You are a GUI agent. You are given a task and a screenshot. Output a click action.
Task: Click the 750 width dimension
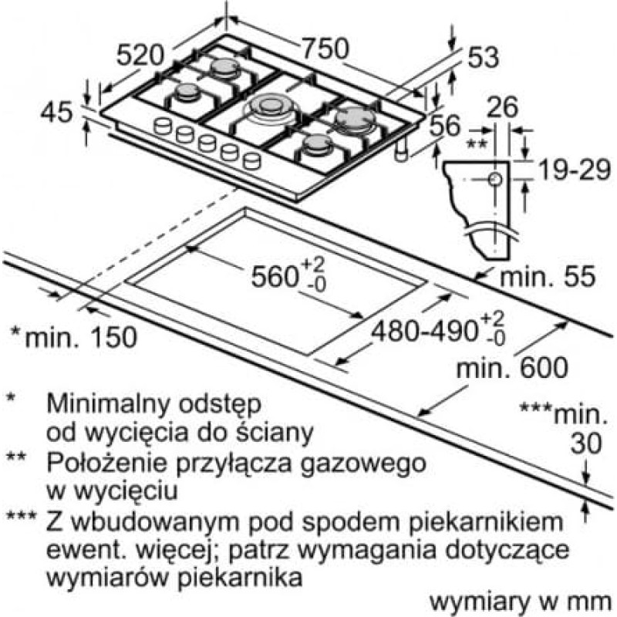[325, 49]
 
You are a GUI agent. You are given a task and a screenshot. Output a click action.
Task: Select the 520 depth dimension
[140, 55]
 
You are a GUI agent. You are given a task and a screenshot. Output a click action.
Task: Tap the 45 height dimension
[57, 112]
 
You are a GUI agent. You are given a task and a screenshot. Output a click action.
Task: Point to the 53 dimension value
[484, 57]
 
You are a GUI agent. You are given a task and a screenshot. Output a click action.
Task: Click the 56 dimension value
[445, 126]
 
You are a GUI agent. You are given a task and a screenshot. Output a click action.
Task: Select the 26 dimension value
[502, 106]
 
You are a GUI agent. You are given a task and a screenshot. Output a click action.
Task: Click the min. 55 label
[548, 276]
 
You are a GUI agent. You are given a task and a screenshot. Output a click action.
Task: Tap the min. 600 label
[512, 367]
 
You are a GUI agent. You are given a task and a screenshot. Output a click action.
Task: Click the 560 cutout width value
[274, 276]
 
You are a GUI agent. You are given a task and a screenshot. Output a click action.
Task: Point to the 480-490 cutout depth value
[425, 330]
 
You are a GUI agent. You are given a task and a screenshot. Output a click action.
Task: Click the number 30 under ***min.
[586, 443]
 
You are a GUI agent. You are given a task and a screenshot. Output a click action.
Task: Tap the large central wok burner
[270, 106]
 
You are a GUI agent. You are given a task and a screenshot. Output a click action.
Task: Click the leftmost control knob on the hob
[163, 126]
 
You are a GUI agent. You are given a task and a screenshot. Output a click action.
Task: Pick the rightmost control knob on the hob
[251, 161]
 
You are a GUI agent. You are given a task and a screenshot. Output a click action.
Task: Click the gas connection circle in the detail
[495, 180]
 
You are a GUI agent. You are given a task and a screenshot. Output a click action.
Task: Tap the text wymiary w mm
[521, 602]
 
